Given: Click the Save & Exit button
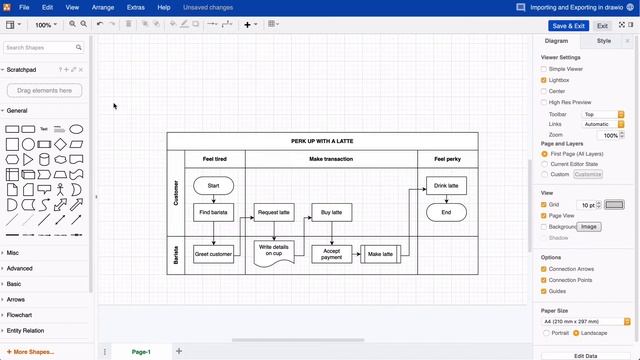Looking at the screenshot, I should tap(567, 26).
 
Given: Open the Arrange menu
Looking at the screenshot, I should tap(103, 7).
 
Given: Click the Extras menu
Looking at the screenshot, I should tap(136, 7).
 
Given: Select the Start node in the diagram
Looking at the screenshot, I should tap(213, 186).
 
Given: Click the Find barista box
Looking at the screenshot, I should tap(213, 212).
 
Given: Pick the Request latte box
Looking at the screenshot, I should tap(273, 212).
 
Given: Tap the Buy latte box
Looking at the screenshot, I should tap(331, 212).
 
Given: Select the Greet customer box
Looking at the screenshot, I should tap(213, 254).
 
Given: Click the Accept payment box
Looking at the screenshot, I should tap(331, 254).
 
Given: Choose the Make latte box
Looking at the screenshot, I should tap(380, 254).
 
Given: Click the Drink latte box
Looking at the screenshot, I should tap(446, 186).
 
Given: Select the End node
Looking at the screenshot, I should tap(446, 212).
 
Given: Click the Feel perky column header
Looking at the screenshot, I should tap(447, 159).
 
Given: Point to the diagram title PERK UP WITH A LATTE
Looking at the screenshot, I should tap(322, 141).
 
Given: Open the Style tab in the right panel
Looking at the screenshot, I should tap(604, 41).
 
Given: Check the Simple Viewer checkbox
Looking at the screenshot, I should tap(544, 69).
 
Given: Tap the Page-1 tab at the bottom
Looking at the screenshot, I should tap(141, 351).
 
